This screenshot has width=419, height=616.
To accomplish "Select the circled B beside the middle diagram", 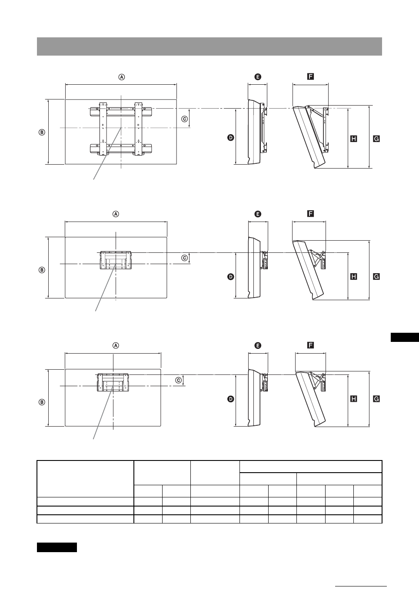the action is point(42,270).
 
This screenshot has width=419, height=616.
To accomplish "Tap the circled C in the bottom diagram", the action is point(178,380).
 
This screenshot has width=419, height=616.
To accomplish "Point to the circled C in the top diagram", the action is point(184,119).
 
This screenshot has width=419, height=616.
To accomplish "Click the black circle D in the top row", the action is point(230,137).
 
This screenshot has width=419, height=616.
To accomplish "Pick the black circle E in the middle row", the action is point(258,214).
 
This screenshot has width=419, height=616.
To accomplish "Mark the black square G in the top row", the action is point(376,139).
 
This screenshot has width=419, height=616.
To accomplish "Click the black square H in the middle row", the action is point(353,276).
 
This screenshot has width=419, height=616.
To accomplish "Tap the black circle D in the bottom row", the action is point(230,398).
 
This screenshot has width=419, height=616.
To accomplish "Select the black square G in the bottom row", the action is point(376,398).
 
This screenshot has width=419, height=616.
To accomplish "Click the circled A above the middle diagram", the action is point(116,214).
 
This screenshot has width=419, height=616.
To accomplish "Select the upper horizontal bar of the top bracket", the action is point(121,112).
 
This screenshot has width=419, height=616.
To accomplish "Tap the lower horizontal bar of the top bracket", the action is point(121,149).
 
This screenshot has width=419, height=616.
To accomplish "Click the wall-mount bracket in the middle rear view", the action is point(116,260).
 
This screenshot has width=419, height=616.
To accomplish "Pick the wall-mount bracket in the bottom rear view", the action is point(113,382).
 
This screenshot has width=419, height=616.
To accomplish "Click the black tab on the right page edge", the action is point(404,337).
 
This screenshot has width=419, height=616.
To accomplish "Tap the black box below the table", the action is point(57,547).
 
